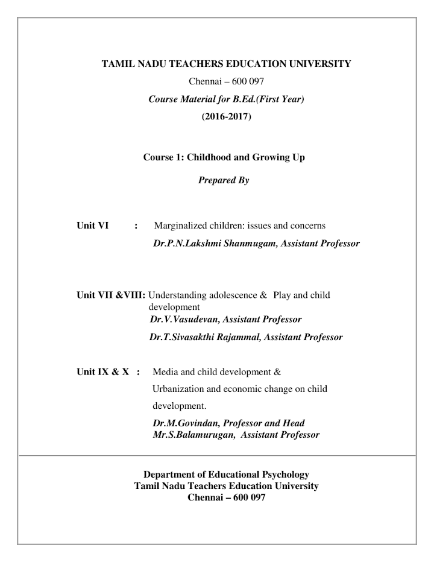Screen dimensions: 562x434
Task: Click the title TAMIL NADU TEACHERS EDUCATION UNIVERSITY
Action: (226, 64)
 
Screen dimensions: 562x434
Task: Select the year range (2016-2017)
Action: (226, 116)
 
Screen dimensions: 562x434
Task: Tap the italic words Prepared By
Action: (223, 180)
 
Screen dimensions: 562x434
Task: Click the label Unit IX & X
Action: (103, 371)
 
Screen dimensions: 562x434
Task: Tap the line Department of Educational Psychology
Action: (226, 475)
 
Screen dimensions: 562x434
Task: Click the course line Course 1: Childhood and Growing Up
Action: (224, 157)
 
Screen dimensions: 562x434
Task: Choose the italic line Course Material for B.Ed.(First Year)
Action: (226, 98)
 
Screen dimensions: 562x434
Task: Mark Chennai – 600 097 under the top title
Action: (226, 81)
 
